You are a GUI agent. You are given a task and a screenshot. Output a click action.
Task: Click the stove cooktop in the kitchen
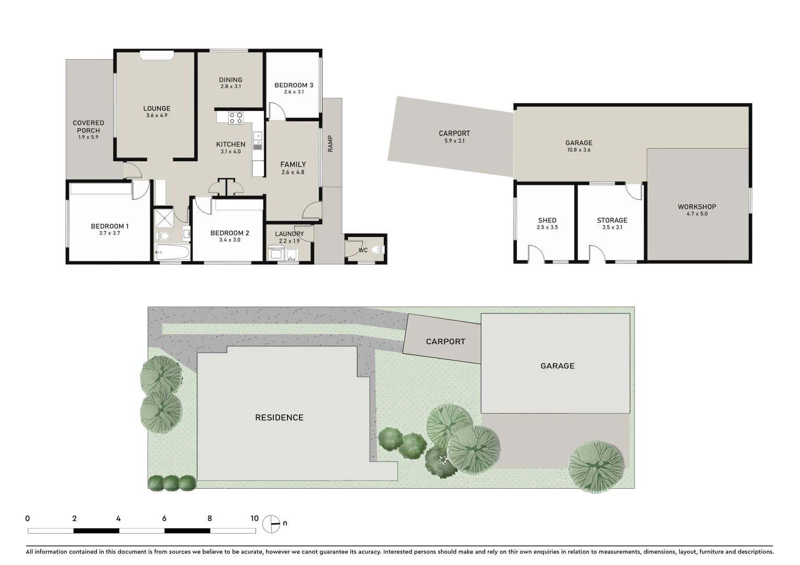point(236,118)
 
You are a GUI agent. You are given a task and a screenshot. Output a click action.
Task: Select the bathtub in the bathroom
point(172,253)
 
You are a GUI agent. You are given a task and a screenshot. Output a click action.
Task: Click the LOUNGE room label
point(157,108)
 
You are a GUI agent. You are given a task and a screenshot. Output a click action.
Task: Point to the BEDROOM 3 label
point(294,85)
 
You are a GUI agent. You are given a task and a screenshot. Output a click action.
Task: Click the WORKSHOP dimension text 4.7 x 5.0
point(696,213)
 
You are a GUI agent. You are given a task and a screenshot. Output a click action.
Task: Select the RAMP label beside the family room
point(330,144)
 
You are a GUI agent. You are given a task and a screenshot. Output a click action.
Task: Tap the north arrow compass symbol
point(271,523)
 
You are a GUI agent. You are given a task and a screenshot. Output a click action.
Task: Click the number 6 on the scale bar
point(164,518)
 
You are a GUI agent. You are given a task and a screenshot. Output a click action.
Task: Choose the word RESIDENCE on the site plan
point(279,417)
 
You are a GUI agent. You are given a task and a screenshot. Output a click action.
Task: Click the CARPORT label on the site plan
point(446,342)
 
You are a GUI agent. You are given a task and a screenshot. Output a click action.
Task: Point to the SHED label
point(547,220)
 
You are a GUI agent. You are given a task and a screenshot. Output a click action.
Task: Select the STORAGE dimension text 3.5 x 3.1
point(612,227)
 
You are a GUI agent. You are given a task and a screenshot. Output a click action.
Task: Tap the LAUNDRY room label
point(289,234)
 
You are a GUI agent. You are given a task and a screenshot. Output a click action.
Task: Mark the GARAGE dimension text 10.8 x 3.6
point(579,150)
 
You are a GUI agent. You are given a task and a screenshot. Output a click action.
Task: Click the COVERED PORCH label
point(88,127)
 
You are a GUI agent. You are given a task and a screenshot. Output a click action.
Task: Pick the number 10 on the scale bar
point(254,518)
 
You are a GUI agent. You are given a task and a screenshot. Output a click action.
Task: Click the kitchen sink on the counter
point(257,138)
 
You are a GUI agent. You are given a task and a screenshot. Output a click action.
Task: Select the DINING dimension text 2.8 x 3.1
point(230,87)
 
